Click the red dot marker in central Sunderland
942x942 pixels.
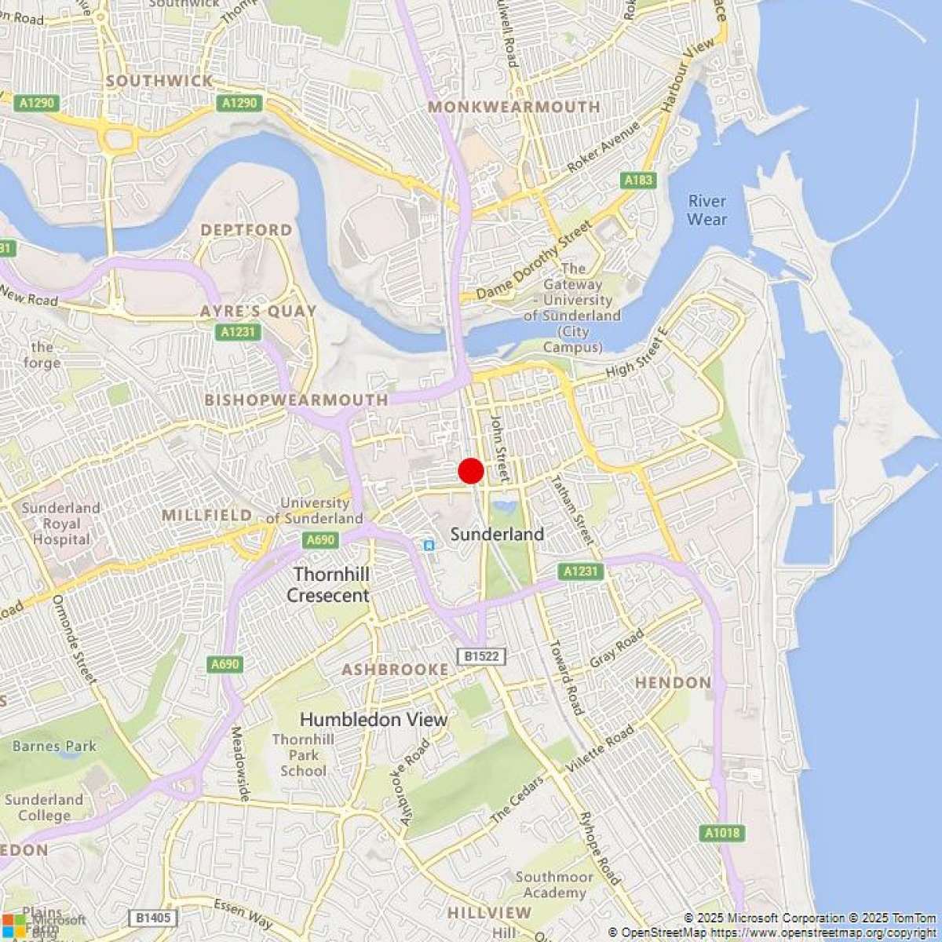471,471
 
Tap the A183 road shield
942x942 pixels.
638,181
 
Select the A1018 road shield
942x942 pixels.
721,833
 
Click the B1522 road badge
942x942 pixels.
481,656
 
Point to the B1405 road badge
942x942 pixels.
153,918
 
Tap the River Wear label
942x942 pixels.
706,210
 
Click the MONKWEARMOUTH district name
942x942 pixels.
514,107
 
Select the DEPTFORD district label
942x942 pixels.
246,230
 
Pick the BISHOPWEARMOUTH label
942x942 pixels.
296,400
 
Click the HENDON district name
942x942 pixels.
673,683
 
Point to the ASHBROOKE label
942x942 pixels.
395,670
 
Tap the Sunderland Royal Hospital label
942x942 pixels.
61,524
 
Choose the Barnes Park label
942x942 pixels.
54,746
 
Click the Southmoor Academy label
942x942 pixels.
554,885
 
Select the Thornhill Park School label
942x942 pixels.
303,755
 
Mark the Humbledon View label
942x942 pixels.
374,720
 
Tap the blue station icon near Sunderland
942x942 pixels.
428,544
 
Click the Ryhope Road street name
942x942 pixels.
599,847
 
